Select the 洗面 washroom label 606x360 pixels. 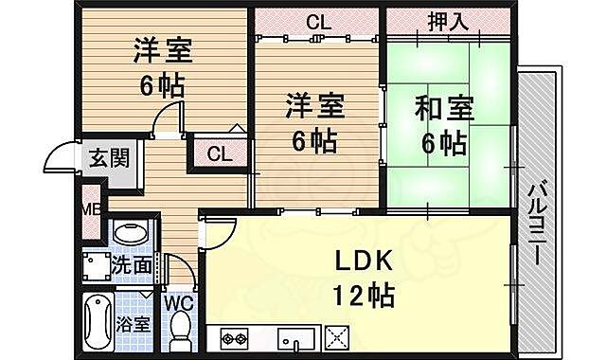coord(133,265)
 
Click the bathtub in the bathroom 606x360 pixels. coord(98,321)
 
